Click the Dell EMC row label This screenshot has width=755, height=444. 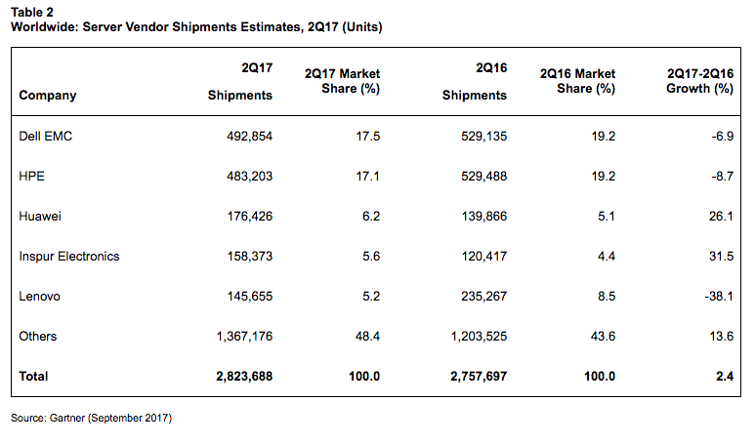click(46, 137)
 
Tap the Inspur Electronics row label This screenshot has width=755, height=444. click(69, 256)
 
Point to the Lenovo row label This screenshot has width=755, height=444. click(39, 296)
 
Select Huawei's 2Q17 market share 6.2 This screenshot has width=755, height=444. click(370, 217)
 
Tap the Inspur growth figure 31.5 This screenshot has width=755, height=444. click(721, 256)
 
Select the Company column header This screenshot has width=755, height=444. click(48, 96)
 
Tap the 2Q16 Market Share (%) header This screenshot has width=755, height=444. click(576, 81)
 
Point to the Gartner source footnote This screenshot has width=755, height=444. click(92, 419)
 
